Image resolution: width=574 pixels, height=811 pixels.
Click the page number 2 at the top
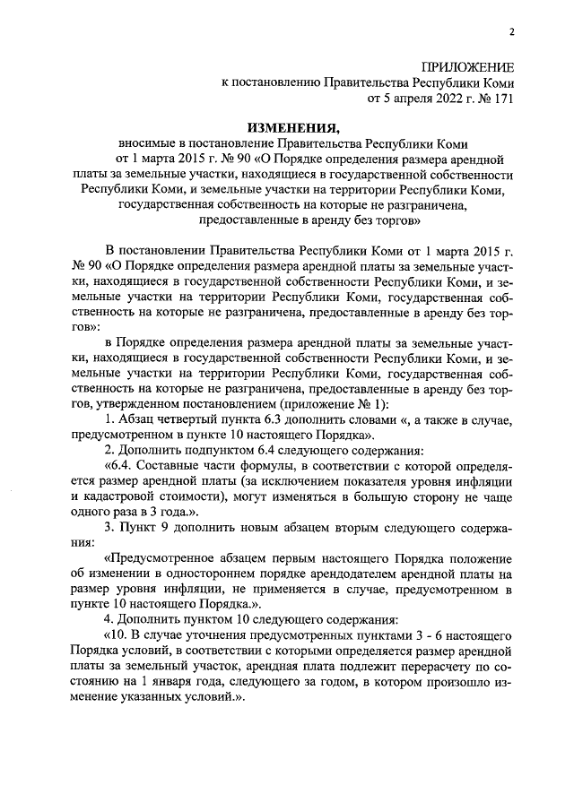pos(511,32)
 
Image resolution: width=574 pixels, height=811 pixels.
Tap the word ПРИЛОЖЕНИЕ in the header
pos(468,67)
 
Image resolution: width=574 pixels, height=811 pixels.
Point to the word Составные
pos(165,466)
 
